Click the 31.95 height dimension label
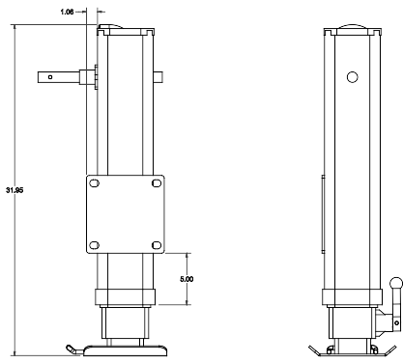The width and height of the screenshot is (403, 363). (14, 190)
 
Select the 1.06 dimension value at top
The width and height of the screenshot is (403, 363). (67, 13)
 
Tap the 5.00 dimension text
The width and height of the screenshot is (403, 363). (187, 279)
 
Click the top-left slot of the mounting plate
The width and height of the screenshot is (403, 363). (94, 183)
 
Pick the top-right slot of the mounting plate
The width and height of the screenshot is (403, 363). (157, 183)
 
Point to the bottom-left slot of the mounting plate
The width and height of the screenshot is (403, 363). (94, 245)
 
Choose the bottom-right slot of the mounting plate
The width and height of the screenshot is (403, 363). (157, 245)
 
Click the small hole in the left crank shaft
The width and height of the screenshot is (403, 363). (50, 77)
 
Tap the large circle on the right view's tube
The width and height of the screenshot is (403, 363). (353, 77)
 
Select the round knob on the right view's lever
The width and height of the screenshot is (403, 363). (396, 284)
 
